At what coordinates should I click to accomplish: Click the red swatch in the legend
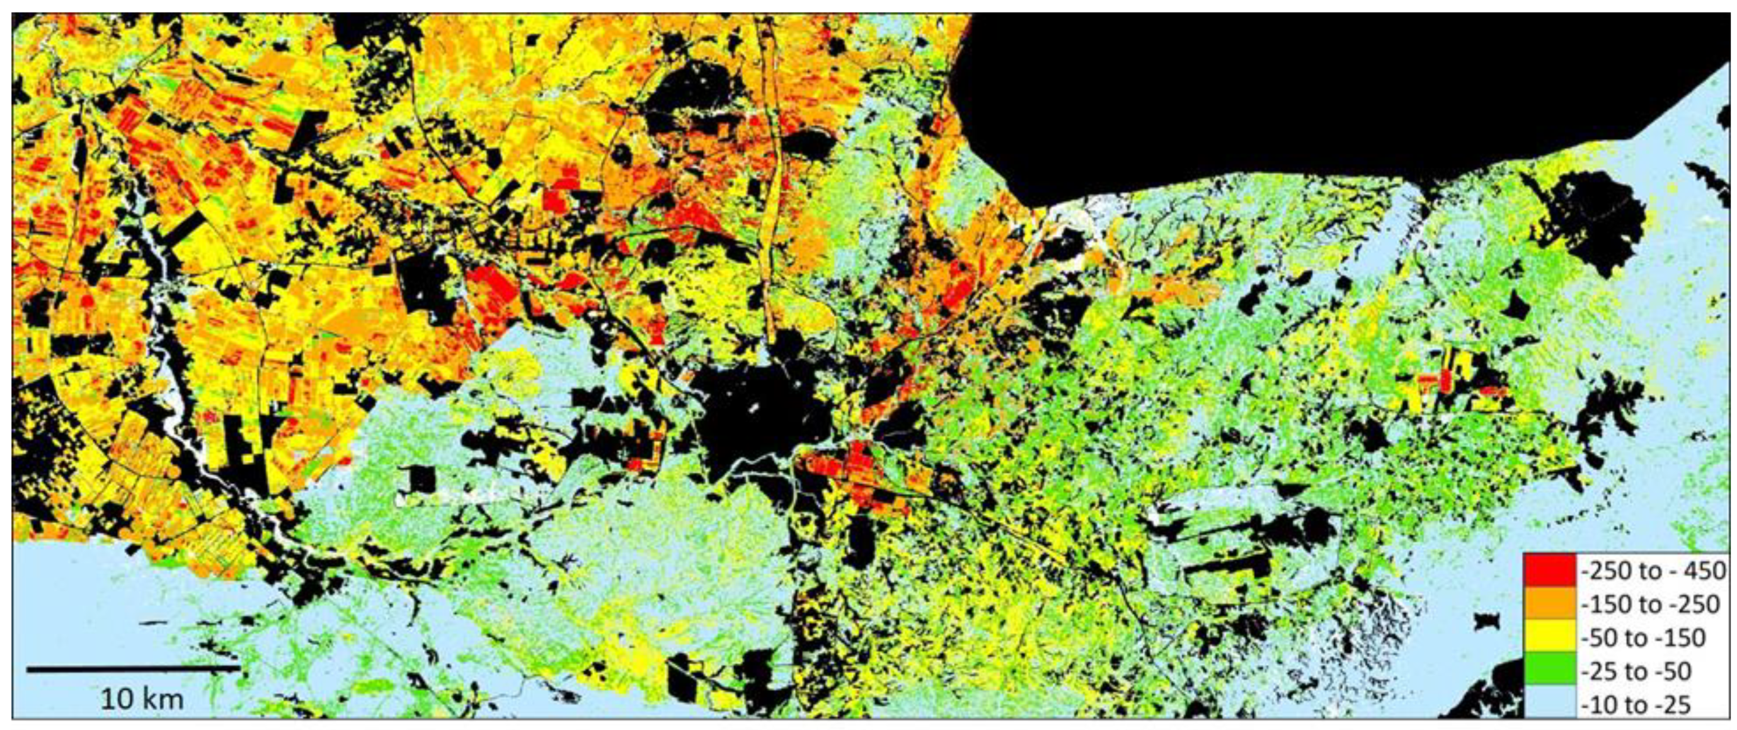(x=1549, y=571)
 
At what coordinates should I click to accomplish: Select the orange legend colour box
(x=1549, y=605)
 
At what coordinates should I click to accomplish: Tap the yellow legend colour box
(x=1549, y=637)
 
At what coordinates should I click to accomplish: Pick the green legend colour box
(x=1549, y=671)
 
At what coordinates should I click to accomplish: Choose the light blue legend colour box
(x=1549, y=704)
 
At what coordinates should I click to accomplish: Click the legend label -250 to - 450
(x=1653, y=571)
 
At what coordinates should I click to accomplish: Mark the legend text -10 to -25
(x=1634, y=704)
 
